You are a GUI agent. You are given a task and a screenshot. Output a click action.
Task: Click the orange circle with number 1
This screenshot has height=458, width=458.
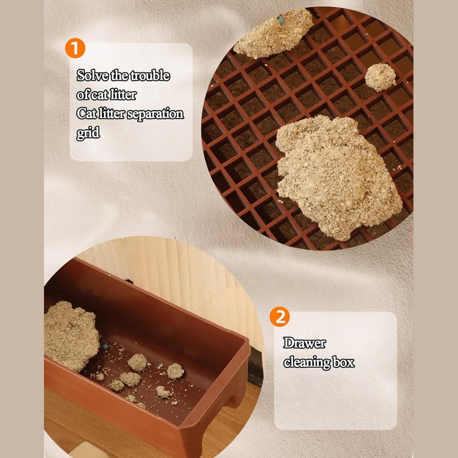point(75,48)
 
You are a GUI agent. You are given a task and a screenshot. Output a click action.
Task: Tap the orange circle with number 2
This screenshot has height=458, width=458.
point(279,317)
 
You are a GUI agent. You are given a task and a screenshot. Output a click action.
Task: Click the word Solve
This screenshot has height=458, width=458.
point(92,76)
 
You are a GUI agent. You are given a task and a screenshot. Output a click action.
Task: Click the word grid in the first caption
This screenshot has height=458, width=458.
point(88,133)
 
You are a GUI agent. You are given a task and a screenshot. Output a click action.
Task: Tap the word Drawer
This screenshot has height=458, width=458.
point(305,343)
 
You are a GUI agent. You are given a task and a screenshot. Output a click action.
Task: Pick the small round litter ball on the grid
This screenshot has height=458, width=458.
point(380,77)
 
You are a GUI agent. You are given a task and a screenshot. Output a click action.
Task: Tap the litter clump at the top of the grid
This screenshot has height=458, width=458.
point(274,34)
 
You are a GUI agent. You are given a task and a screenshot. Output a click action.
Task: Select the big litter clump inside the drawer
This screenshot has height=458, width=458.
point(71,336)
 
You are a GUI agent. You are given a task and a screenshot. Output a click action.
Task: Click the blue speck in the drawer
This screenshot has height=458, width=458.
point(105,347)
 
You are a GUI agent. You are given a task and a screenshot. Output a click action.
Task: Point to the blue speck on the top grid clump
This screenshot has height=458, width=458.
point(281,20)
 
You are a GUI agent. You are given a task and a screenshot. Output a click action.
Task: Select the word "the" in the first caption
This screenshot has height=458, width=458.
point(119,76)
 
